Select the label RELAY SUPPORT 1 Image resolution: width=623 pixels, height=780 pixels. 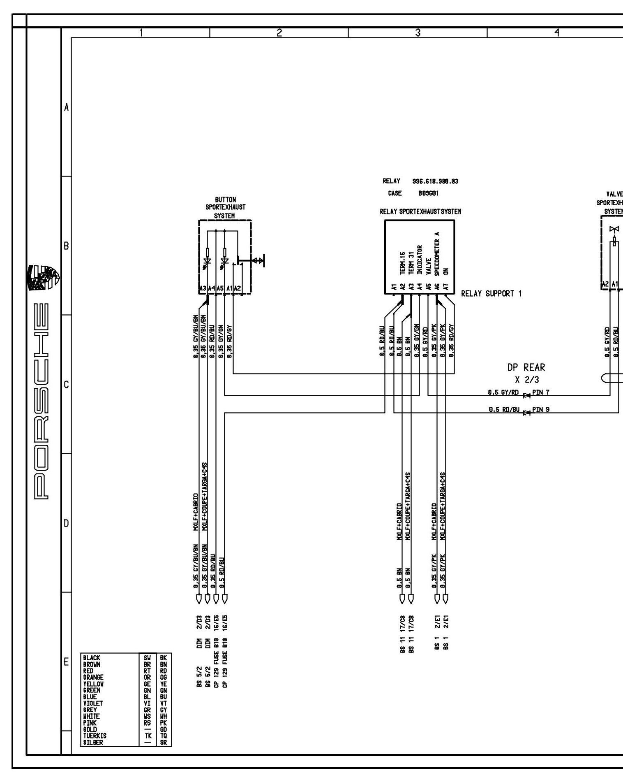[x=491, y=294]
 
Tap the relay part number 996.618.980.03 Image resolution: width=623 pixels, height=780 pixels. [x=435, y=181]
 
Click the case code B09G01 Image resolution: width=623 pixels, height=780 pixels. [x=425, y=193]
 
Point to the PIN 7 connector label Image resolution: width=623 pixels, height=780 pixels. [x=541, y=392]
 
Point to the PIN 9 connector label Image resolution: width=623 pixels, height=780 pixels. [x=541, y=410]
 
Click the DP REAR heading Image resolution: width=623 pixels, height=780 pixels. [x=526, y=367]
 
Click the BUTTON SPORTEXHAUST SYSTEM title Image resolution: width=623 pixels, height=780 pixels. [x=225, y=207]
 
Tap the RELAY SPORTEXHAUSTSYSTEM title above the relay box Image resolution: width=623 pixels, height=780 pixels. [x=420, y=211]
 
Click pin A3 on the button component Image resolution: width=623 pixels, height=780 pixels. [x=202, y=289]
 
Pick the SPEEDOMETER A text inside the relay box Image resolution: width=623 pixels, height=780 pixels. [x=438, y=253]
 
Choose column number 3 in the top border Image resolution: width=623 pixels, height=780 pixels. [x=418, y=33]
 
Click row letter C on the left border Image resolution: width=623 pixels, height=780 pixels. [x=66, y=385]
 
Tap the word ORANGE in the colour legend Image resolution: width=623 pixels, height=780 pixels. [x=93, y=677]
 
